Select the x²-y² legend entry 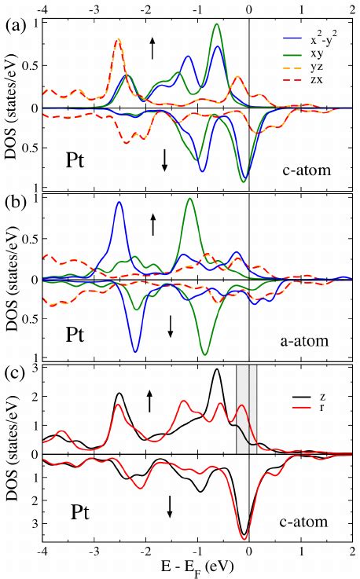[x=325, y=36]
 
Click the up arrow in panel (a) [x=153, y=48]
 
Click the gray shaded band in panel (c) [x=246, y=409]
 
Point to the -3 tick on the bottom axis [x=94, y=552]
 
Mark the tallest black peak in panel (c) [x=216, y=370]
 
